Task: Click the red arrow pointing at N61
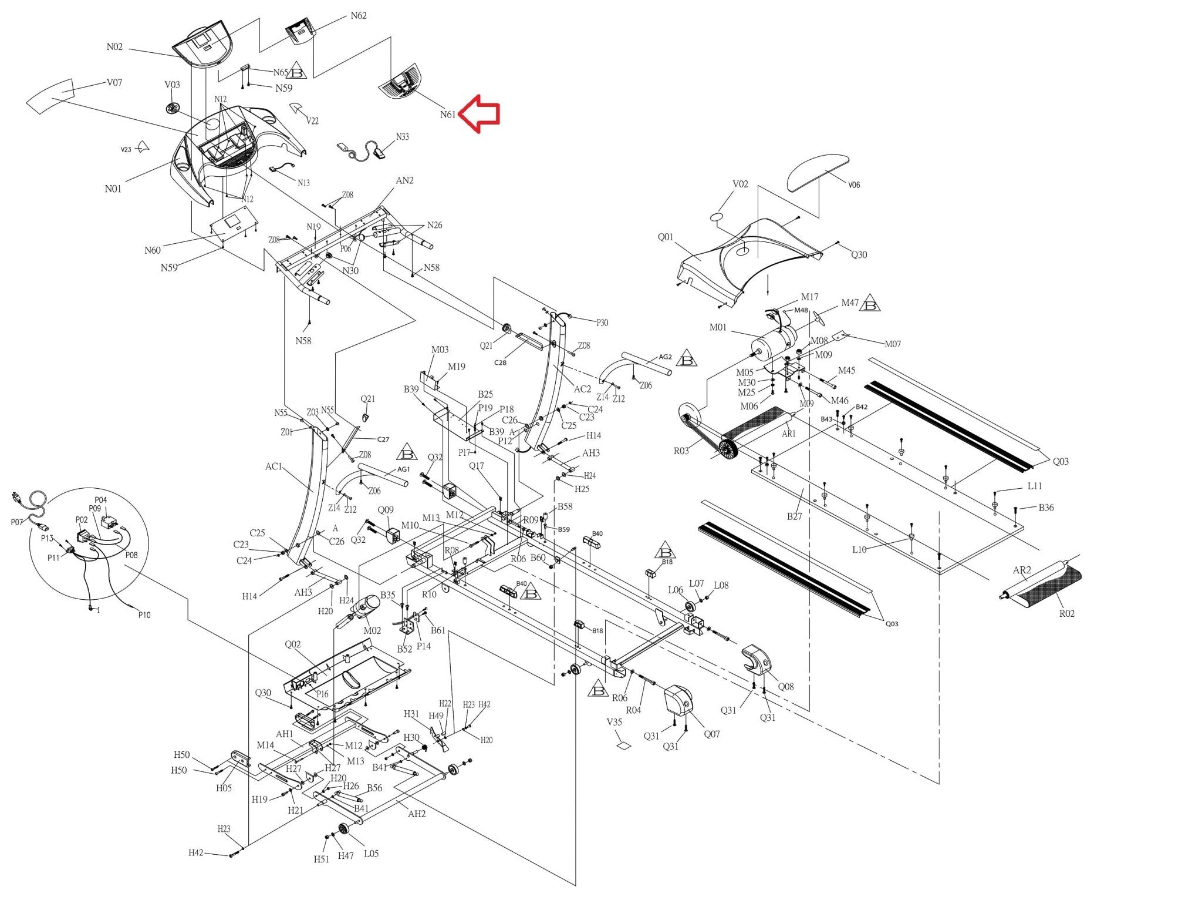coord(479,114)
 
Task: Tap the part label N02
coord(114,47)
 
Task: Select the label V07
coord(114,83)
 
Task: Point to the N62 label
coord(358,16)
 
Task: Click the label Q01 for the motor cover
coord(665,237)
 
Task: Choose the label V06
coord(854,185)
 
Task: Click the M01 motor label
coord(718,328)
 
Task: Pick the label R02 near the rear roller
coord(1066,614)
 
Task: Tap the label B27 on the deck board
coord(794,516)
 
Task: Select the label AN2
coord(404,181)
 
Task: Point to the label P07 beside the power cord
coord(17,522)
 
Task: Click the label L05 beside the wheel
coord(371,854)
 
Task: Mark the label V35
coord(614,722)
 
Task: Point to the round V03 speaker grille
coord(172,109)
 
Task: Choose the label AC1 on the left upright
coord(274,467)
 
